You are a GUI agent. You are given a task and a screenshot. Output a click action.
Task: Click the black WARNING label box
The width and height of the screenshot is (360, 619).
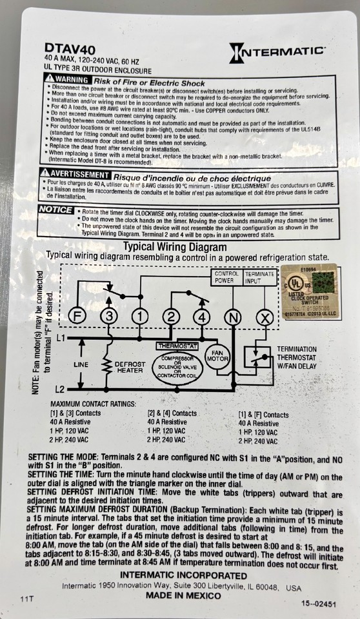tap(68, 78)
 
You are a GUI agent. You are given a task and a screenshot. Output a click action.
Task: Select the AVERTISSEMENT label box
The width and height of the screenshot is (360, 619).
tap(74, 175)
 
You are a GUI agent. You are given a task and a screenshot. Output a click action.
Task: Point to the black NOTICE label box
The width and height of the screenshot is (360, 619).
tap(55, 210)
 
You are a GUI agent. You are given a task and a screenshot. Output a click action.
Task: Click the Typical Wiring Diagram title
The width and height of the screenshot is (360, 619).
tap(175, 247)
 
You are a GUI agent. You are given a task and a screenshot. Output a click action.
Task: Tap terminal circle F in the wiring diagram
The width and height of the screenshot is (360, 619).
tap(77, 317)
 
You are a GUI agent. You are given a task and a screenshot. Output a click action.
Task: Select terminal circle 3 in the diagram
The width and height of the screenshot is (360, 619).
tap(109, 317)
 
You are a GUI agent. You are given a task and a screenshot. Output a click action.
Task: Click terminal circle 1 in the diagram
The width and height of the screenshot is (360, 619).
tap(139, 317)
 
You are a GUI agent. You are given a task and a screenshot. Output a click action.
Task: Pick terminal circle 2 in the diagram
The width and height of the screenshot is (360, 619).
tap(171, 317)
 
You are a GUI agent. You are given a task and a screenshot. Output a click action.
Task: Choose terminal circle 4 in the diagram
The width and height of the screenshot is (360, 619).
tap(202, 317)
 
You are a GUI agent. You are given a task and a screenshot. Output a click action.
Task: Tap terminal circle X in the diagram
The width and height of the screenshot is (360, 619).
tap(263, 317)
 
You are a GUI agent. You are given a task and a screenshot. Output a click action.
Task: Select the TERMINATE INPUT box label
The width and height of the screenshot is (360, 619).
tap(259, 277)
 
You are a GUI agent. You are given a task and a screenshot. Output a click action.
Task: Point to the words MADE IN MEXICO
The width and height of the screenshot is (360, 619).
tap(183, 595)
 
